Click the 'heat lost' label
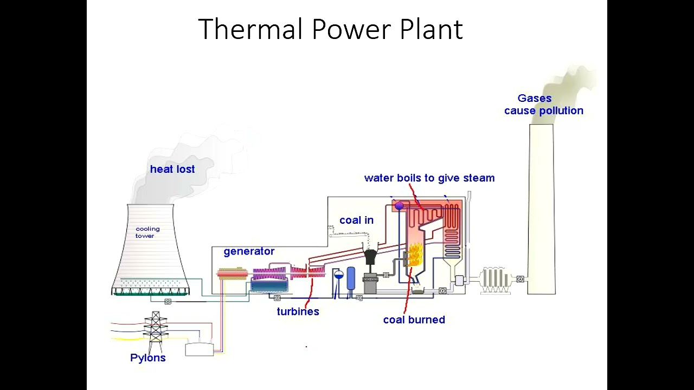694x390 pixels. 172,170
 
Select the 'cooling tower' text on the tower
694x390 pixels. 147,232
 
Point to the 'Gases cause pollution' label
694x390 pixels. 543,105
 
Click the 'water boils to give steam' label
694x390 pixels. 429,178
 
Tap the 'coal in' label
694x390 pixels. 356,220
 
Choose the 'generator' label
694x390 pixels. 249,251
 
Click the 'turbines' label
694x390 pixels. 298,311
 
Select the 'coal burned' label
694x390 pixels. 414,320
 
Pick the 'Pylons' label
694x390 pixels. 147,358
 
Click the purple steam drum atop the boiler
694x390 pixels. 399,206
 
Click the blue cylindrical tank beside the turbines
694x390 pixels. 351,278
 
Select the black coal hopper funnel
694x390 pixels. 371,256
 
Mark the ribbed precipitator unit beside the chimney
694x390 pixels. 494,279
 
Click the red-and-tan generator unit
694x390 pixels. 232,274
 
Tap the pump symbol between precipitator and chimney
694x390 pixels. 520,279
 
